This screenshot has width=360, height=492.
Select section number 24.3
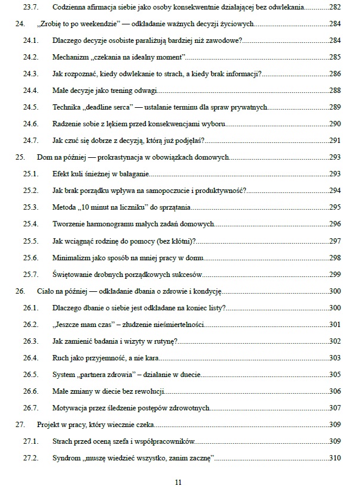(30, 74)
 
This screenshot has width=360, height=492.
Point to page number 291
(334, 141)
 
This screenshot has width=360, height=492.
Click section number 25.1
(30, 174)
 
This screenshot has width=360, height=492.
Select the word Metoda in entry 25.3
(64, 207)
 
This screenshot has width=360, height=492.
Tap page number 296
(334, 224)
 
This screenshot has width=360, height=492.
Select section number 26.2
(30, 325)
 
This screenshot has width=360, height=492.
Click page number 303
(334, 358)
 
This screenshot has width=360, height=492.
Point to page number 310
(334, 458)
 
